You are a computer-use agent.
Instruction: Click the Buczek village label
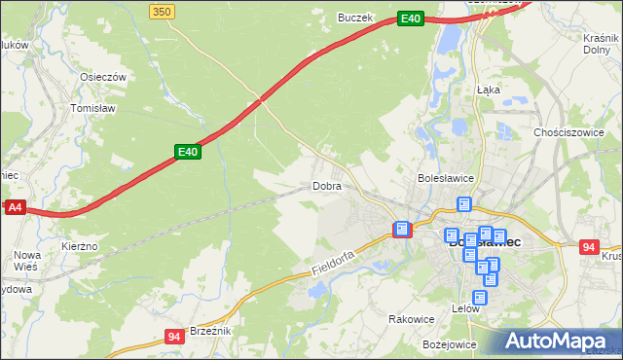coord(355,18)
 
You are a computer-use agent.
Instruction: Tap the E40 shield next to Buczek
coord(411,18)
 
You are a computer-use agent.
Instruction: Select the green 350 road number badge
coord(163,11)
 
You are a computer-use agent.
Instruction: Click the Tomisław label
coord(93,108)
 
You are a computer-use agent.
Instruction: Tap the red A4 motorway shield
coord(15,207)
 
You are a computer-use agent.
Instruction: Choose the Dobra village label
coord(326,186)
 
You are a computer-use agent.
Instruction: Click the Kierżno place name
coord(79,247)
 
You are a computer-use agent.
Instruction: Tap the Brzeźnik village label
coord(209,331)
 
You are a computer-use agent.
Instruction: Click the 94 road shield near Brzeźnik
coord(174,338)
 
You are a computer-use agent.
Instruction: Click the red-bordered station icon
coord(401,229)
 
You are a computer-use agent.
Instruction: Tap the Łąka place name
coord(489,89)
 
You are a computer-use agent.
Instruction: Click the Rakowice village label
coord(411,318)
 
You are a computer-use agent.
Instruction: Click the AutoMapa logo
coord(558,341)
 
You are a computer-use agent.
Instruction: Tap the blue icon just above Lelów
coord(479,298)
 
